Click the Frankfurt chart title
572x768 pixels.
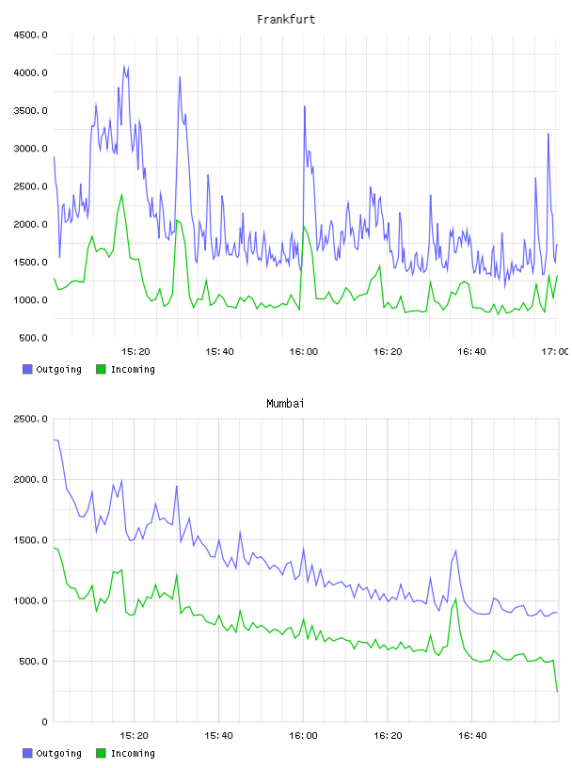coord(286,20)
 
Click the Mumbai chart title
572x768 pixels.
coord(285,404)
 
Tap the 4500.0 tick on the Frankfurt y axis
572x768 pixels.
coord(30,35)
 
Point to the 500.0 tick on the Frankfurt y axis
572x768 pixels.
coord(33,338)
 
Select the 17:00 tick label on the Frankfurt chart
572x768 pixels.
coord(555,352)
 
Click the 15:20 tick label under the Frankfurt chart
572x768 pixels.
coord(135,352)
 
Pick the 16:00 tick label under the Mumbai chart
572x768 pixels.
coord(303,736)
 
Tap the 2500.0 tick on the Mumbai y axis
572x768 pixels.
coord(30,419)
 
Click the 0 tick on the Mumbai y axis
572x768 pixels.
coord(44,722)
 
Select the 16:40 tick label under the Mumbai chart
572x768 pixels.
coord(472,736)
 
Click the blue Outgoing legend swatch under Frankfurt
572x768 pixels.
coord(27,369)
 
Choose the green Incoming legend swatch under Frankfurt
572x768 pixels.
coord(101,369)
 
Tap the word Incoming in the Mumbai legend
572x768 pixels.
coord(133,754)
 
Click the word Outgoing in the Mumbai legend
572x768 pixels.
coord(58,754)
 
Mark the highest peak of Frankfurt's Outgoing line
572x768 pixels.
coord(124,66)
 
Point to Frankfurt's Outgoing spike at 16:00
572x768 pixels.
coord(305,106)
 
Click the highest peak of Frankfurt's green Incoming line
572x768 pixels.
coord(122,195)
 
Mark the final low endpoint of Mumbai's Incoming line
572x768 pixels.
coord(557,691)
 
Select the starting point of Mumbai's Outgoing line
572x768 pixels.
coord(54,440)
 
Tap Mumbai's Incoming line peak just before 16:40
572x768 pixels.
coord(456,599)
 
